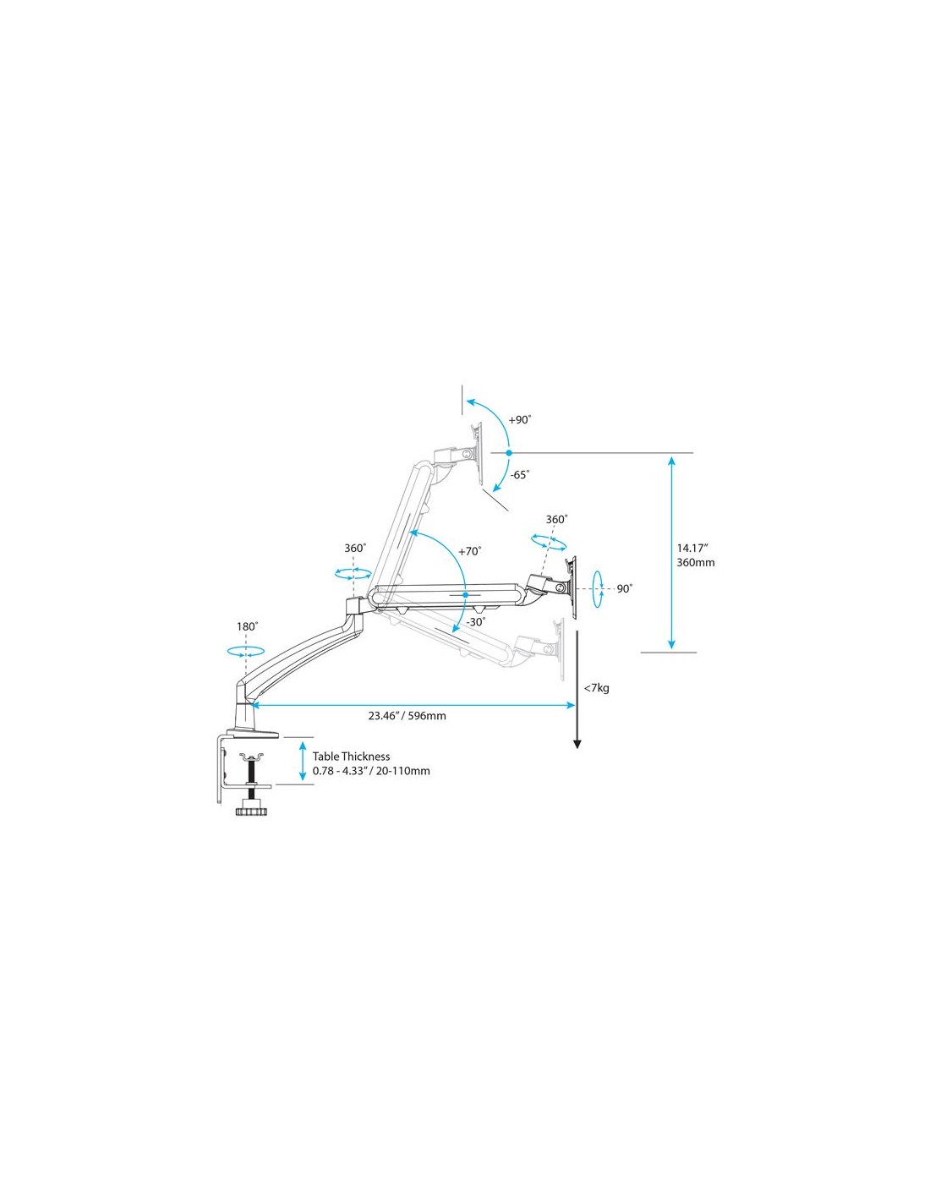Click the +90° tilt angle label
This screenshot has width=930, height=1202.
click(x=519, y=419)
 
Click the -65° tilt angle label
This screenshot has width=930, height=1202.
click(x=519, y=475)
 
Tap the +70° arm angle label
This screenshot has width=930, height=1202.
click(x=470, y=551)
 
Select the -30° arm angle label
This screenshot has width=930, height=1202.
click(x=474, y=622)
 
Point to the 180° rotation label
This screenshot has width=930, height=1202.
click(x=247, y=626)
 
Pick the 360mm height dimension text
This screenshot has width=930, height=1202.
click(x=695, y=562)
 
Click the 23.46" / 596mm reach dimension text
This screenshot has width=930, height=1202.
click(x=407, y=716)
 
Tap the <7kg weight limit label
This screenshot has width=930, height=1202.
click(x=596, y=688)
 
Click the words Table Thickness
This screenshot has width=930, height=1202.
click(x=351, y=757)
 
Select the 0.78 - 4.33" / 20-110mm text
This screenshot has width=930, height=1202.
click(x=371, y=771)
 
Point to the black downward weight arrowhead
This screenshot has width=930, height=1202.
click(x=577, y=744)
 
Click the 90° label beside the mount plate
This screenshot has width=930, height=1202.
click(x=624, y=589)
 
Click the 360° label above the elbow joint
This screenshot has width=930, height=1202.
click(x=355, y=548)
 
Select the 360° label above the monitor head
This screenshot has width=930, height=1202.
click(x=556, y=520)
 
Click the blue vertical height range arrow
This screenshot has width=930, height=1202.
click(x=671, y=553)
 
